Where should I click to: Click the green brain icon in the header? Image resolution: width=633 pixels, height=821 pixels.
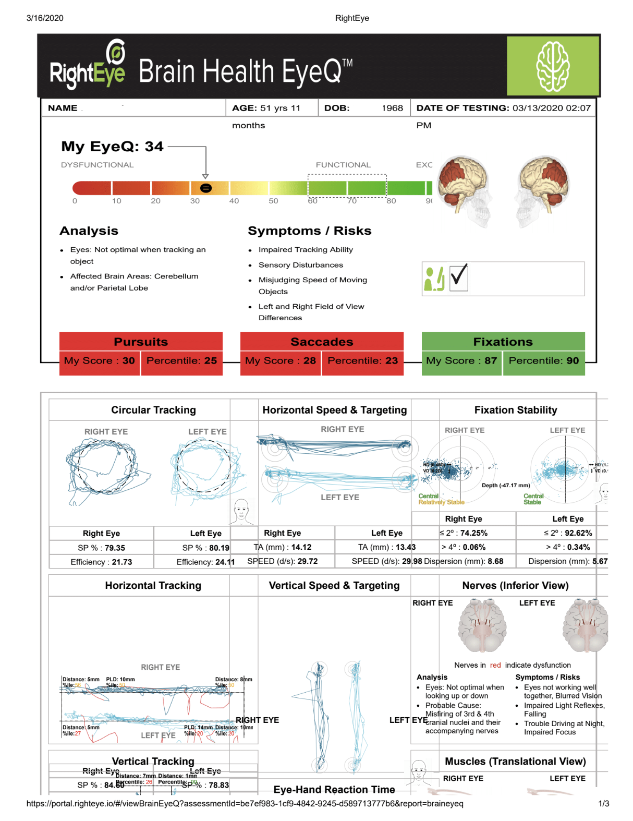coord(553,66)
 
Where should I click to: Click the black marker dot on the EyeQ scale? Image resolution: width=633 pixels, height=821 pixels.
coord(206,188)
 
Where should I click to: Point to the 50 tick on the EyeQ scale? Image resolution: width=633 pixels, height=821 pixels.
coord(273,201)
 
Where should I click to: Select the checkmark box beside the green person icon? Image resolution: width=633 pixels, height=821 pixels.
coord(459,277)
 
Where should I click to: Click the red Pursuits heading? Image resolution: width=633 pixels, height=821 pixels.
coord(141,342)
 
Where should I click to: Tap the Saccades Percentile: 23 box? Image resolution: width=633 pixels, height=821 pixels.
coord(362,360)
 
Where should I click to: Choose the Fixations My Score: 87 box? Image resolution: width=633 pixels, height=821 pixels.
coord(461,360)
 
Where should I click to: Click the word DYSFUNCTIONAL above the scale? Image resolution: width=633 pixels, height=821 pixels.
coord(97,165)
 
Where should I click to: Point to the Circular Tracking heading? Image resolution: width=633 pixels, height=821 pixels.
coord(153,410)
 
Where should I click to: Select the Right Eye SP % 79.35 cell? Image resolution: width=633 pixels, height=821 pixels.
coord(101,548)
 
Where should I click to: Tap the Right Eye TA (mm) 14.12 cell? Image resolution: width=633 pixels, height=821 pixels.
coord(283,547)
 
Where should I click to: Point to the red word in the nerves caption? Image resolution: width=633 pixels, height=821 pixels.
coord(495,665)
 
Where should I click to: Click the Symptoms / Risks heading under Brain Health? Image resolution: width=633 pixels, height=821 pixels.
coord(309,231)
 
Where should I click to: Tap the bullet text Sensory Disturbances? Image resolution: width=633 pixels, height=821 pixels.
coord(301,265)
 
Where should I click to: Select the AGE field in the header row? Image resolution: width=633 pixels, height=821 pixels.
coord(266,108)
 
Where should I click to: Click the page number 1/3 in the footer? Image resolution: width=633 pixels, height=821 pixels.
coord(603,803)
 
